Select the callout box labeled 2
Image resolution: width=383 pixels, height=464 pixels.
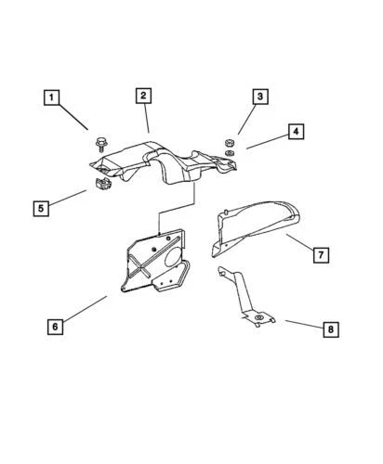click(x=143, y=97)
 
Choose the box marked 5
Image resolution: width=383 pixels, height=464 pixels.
click(x=41, y=209)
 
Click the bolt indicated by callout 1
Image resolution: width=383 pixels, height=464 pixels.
click(x=99, y=144)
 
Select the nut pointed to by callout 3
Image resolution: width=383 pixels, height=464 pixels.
click(x=228, y=141)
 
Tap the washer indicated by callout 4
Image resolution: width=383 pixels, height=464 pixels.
click(x=228, y=153)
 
